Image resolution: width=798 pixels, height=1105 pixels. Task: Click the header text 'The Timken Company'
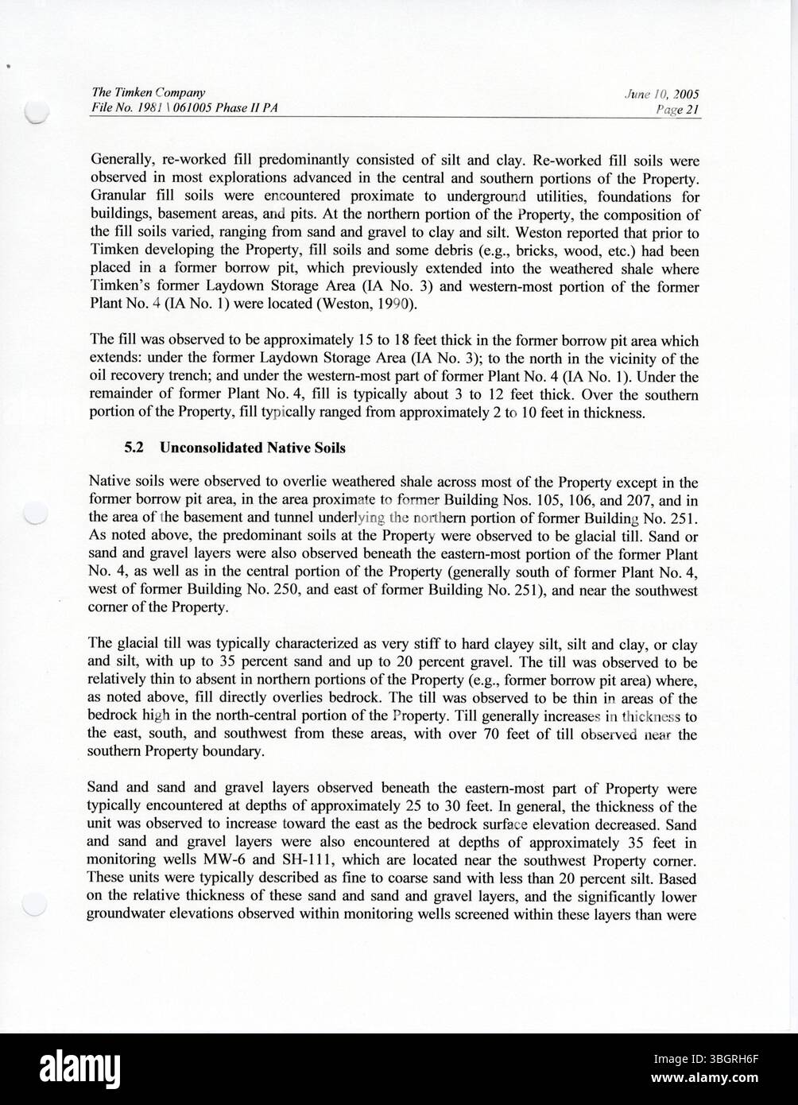click(x=138, y=93)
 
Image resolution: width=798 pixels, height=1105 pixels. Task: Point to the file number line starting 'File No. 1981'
click(x=184, y=110)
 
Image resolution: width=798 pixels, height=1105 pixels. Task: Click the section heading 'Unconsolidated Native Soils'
click(x=252, y=448)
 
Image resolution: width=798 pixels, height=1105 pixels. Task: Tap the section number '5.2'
click(x=133, y=448)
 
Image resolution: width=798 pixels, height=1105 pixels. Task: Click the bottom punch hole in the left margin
click(x=36, y=903)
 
